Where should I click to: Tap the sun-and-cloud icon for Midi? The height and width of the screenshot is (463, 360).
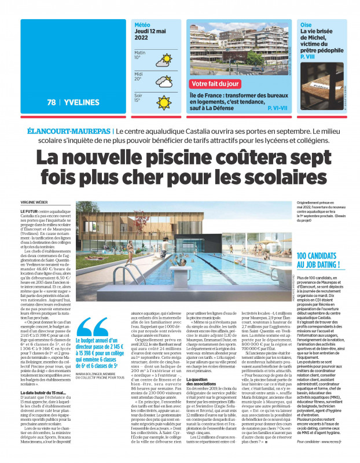tap(164, 80)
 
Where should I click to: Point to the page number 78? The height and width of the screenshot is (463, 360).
tap(52, 102)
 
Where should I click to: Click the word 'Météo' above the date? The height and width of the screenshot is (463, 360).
tap(142, 25)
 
